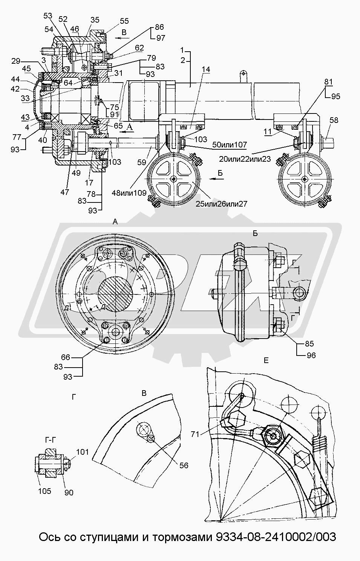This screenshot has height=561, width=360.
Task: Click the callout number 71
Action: pyautogui.click(x=195, y=434)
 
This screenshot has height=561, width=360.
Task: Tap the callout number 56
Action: pyautogui.click(x=184, y=465)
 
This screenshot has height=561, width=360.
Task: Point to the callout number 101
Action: pyautogui.click(x=83, y=452)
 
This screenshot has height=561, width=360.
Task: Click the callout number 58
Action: pyautogui.click(x=334, y=120)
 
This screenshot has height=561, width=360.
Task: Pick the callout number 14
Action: pyautogui.click(x=205, y=70)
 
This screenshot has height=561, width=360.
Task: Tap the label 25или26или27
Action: pyautogui.click(x=221, y=204)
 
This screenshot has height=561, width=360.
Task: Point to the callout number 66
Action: pyautogui.click(x=66, y=357)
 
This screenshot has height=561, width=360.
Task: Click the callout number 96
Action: pyautogui.click(x=311, y=355)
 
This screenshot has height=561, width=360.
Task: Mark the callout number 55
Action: pyautogui.click(x=124, y=21)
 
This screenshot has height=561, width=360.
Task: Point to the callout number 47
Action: pyautogui.click(x=65, y=192)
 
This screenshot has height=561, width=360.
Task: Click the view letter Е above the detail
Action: pyautogui.click(x=266, y=361)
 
